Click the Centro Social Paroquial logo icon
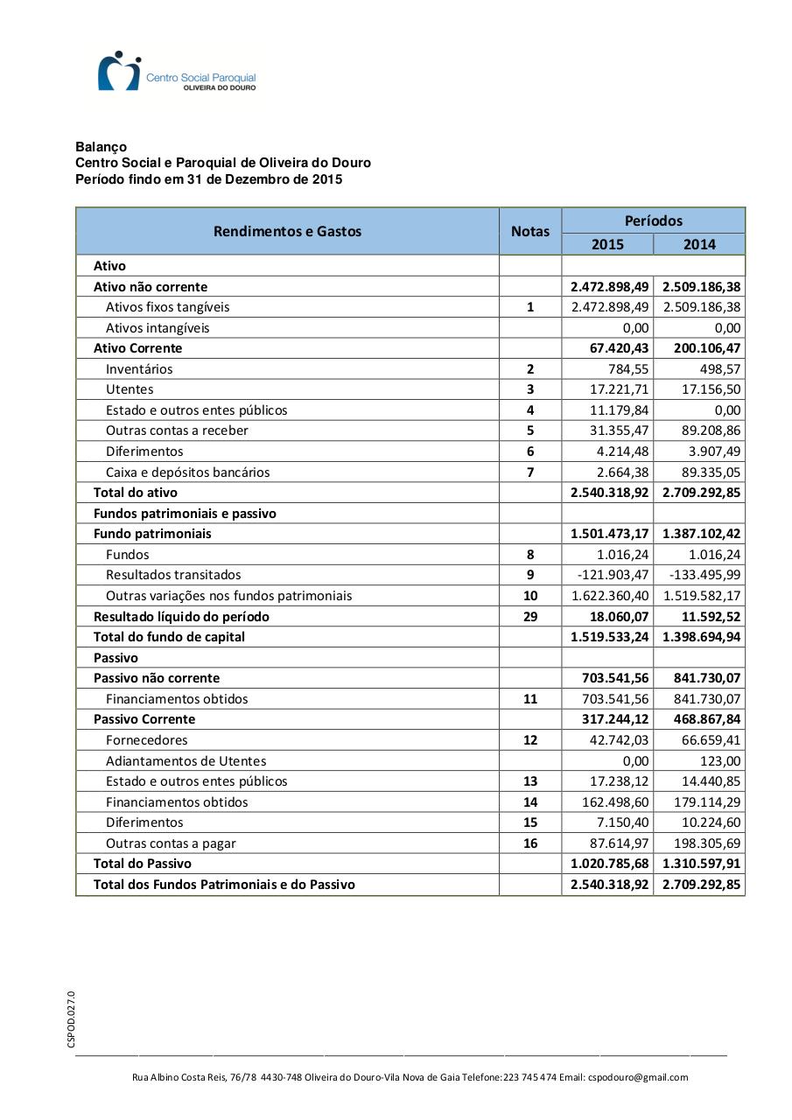pos(119,71)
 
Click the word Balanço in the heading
pos(101,147)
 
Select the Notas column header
pos(530,231)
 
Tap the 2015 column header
pos(607,244)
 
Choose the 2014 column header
pos(699,244)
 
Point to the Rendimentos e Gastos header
pos(287,231)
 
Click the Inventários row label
pos(139,369)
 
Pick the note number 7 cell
pos(530,472)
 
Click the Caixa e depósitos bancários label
pos(187,472)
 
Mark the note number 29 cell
pos(530,617)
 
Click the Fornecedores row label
pos(146,740)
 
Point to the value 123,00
pos(720,761)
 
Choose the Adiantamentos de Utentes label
pos(186,761)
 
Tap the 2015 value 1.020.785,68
pos(610,864)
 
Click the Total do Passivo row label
pos(142,864)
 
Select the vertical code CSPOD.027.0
pos(72,1018)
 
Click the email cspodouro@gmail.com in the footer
pos(638,1077)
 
